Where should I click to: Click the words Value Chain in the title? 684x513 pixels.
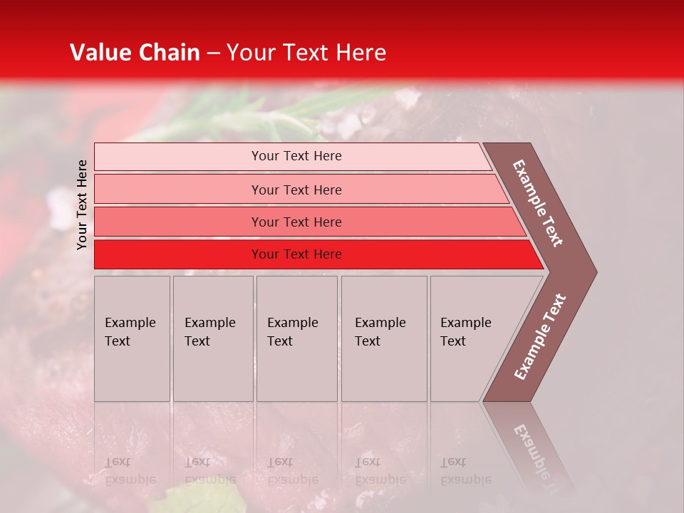coord(135,53)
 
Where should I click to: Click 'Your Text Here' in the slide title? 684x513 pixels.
coord(306,53)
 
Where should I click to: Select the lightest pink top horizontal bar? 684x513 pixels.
coord(178,157)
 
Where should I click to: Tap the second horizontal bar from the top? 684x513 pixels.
coord(178,190)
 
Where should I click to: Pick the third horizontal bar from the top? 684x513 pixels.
coord(178,222)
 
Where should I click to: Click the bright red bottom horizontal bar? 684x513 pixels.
coord(178,254)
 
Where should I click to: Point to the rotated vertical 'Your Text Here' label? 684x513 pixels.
coord(82,204)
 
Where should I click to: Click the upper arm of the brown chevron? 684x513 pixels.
coord(539,203)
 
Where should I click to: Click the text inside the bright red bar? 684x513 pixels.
coord(296,254)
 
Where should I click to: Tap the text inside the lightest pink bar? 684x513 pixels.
coord(296,156)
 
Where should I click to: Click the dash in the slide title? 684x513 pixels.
coord(213,53)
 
